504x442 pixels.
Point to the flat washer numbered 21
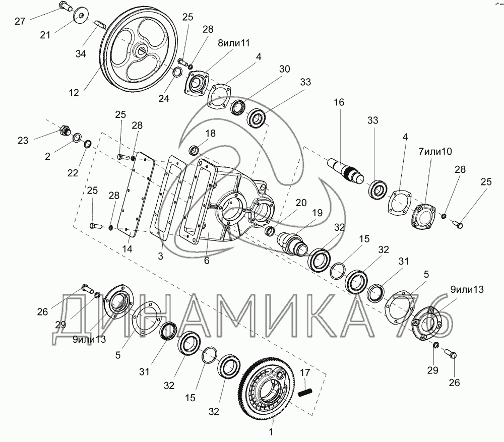[x=80, y=16]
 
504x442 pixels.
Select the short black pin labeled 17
[x=305, y=393]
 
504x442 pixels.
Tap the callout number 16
[x=339, y=102]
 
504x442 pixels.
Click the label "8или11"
[x=234, y=43]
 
